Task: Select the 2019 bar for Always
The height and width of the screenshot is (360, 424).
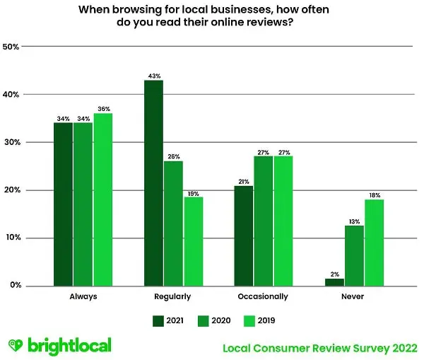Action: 103,199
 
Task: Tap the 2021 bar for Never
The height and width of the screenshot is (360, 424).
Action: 334,281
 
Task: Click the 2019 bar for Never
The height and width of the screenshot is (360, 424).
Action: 374,243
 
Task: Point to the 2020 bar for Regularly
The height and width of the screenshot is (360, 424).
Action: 173,223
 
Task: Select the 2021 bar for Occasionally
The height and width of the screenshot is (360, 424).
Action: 243,236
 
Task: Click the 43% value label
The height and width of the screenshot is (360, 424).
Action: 154,76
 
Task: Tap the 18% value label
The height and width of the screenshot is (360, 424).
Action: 374,194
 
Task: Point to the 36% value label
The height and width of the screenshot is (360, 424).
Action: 103,109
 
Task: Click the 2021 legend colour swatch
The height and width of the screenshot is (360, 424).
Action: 158,320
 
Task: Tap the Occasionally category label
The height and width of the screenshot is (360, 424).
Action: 263,296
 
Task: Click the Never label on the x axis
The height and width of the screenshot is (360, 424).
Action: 353,296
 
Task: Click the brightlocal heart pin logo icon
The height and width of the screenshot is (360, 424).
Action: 16,346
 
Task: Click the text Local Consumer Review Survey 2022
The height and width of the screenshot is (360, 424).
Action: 319,347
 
